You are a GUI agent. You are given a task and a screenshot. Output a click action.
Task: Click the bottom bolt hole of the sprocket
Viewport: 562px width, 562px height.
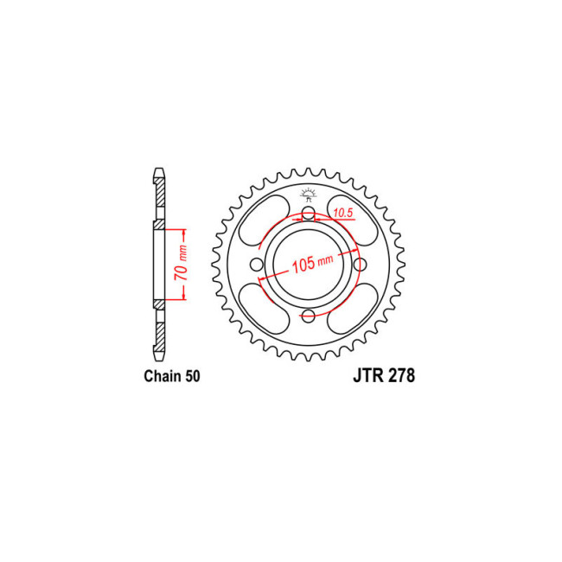pyautogui.click(x=309, y=316)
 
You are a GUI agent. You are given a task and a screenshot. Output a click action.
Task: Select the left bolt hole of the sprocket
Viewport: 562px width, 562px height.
pyautogui.click(x=257, y=265)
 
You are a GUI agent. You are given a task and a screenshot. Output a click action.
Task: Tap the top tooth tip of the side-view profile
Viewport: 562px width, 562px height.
pyautogui.click(x=159, y=169)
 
